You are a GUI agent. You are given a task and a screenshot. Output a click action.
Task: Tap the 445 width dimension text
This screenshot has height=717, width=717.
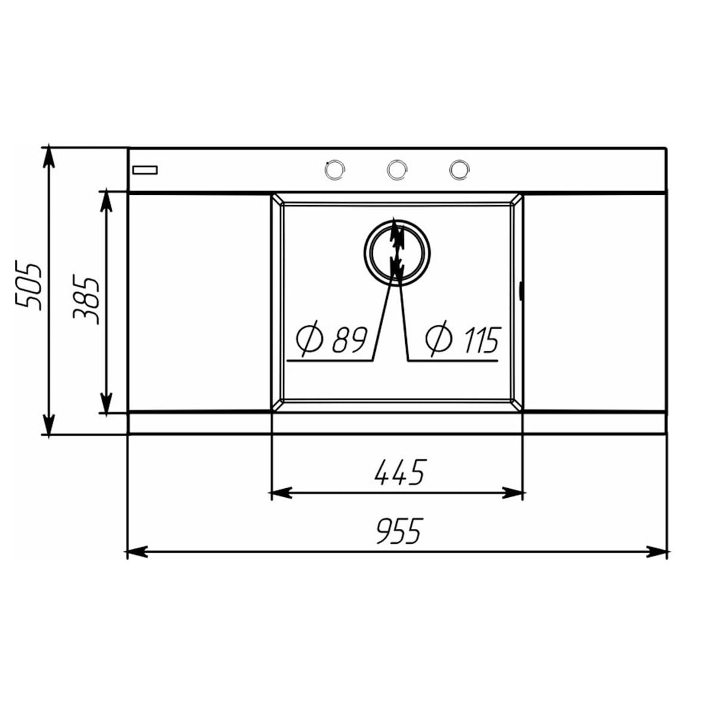(x=399, y=473)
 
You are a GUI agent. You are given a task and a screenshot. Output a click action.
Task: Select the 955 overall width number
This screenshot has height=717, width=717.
(x=399, y=531)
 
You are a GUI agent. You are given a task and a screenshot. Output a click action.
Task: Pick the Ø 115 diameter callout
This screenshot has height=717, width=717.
(x=462, y=339)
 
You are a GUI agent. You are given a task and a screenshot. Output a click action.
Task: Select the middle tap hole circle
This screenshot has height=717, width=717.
(x=396, y=170)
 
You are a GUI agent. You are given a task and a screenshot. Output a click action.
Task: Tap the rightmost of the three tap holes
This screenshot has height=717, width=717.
(x=459, y=170)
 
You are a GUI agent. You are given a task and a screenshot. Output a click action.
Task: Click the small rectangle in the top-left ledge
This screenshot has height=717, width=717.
(x=145, y=170)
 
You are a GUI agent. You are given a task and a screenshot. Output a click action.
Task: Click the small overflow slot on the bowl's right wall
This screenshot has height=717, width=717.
(x=522, y=292)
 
